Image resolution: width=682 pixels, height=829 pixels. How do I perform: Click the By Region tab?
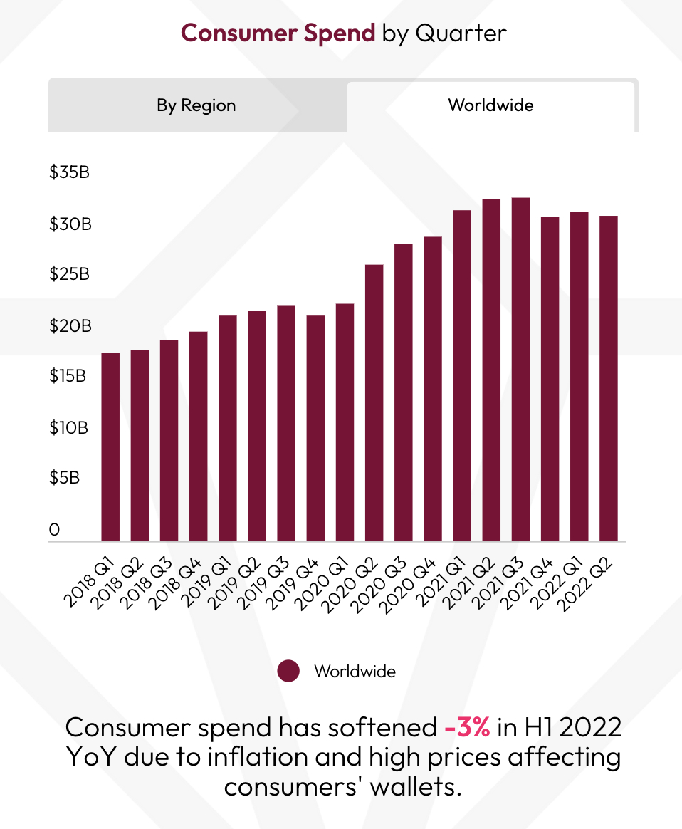tap(196, 106)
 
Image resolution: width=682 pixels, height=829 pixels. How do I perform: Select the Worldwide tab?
tap(490, 106)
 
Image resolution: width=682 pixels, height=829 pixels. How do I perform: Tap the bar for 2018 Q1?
tap(110, 447)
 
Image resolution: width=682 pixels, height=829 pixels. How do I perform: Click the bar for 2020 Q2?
tap(374, 402)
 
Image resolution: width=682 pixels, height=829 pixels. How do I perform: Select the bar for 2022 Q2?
tap(608, 378)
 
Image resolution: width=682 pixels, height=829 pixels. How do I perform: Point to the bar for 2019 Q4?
tap(315, 427)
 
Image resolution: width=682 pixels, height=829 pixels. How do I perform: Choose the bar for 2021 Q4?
tap(550, 379)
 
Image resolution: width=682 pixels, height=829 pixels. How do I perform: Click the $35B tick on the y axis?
tap(69, 173)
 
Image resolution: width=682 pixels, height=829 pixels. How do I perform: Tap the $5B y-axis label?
tap(64, 478)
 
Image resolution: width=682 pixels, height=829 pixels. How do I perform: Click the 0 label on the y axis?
tap(54, 530)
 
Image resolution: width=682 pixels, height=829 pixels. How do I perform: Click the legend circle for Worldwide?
tap(288, 672)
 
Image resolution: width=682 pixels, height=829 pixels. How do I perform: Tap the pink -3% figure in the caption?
tap(467, 728)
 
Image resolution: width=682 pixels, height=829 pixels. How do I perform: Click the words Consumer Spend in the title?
tap(278, 33)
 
